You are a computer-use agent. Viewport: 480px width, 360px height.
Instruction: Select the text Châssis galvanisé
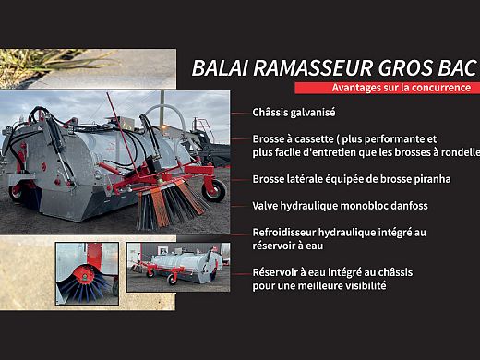coord(294,112)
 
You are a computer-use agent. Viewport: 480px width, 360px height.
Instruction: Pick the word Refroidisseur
coord(287,233)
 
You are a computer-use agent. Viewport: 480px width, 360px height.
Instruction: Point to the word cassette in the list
coord(321,138)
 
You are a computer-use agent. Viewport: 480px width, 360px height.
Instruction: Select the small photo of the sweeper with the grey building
coord(173,267)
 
